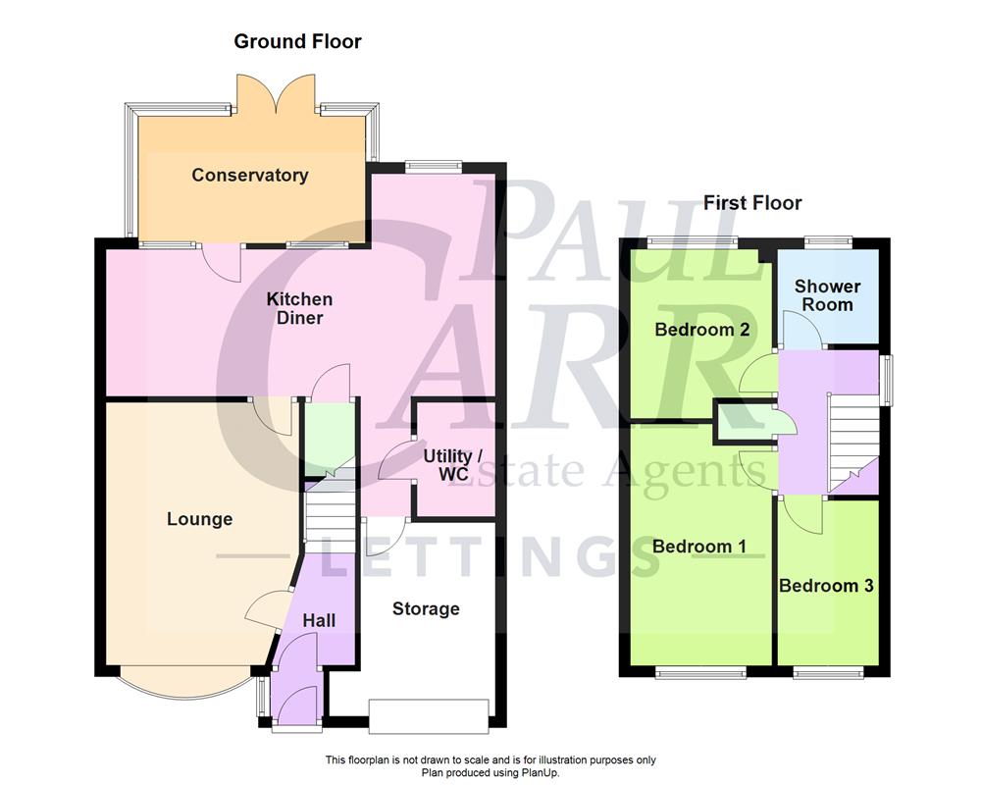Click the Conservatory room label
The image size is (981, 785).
[249, 176]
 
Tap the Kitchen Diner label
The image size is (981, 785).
[299, 308]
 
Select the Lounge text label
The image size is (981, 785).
[199, 519]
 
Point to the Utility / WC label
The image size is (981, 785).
[453, 466]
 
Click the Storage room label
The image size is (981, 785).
[426, 609]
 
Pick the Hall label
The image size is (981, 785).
[319, 620]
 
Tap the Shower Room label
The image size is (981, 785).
[827, 295]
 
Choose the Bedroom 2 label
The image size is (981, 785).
[702, 330]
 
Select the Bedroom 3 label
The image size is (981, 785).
[826, 586]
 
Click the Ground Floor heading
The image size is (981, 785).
[297, 41]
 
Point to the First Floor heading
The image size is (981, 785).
[752, 203]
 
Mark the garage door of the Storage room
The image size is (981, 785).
[428, 714]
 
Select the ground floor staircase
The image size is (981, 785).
[330, 515]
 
